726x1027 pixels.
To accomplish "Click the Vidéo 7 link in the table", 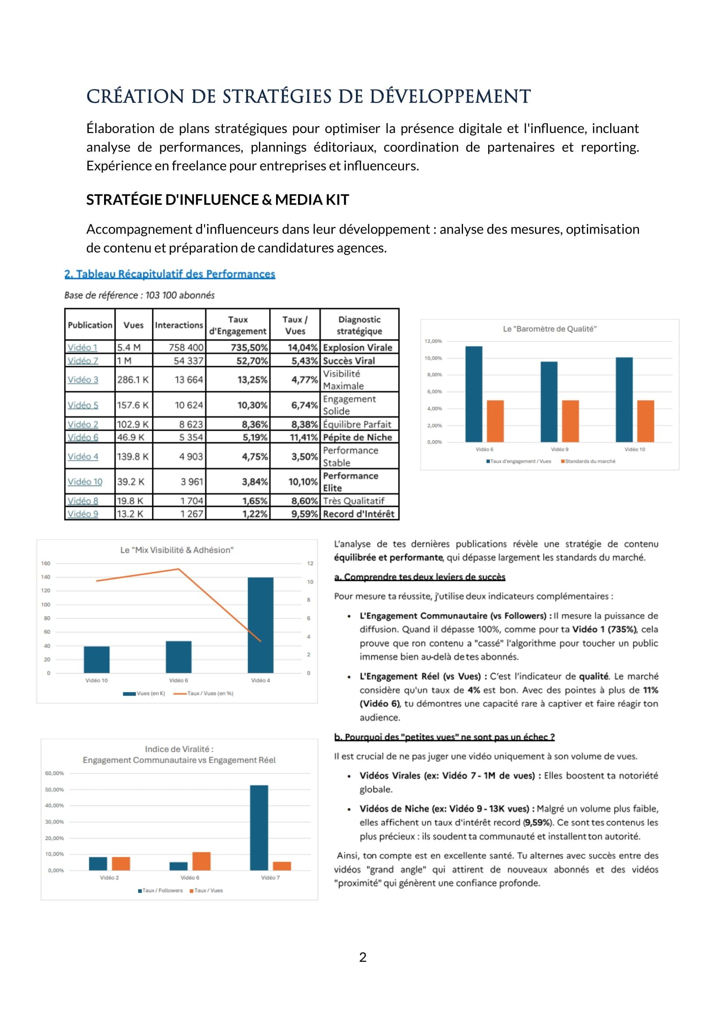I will point(83,360).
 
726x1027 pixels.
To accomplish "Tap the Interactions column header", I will point(179,325).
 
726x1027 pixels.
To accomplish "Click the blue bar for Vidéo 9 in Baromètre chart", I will point(549,402).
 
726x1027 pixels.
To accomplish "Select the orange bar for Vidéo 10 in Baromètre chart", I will point(646,421).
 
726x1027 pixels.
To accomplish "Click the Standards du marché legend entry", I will point(589,461).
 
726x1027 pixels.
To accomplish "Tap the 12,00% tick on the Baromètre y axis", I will point(433,341).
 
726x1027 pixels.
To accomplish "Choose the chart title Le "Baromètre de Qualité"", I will point(550,329).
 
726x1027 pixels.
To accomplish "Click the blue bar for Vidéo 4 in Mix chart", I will point(261,625).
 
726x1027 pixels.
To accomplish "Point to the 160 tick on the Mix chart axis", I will point(46,563).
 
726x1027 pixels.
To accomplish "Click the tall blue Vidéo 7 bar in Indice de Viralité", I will point(259,828).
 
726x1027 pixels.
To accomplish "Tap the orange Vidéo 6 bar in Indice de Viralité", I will point(201,861).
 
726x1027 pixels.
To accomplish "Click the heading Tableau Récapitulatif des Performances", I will point(170,274).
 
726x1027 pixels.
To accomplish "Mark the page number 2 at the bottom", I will point(363,957).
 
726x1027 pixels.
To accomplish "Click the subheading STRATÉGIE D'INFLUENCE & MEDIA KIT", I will point(217,199).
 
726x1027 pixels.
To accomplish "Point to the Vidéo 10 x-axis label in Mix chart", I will point(97,680).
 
